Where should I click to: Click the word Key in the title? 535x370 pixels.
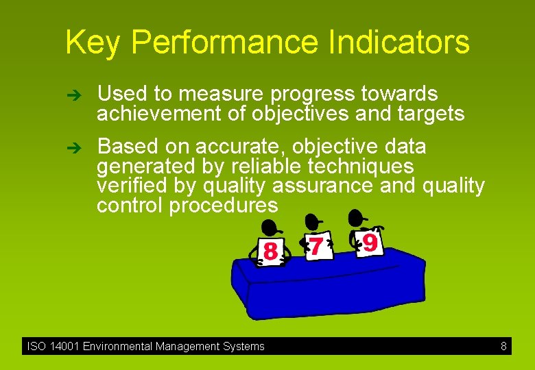point(93,42)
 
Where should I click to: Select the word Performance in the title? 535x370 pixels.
point(223,42)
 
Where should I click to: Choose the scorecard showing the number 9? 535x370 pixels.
point(369,242)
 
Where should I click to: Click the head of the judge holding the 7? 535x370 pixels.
point(313,221)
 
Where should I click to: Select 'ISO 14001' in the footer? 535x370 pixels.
point(53,347)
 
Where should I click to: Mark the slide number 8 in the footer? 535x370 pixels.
point(503,347)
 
